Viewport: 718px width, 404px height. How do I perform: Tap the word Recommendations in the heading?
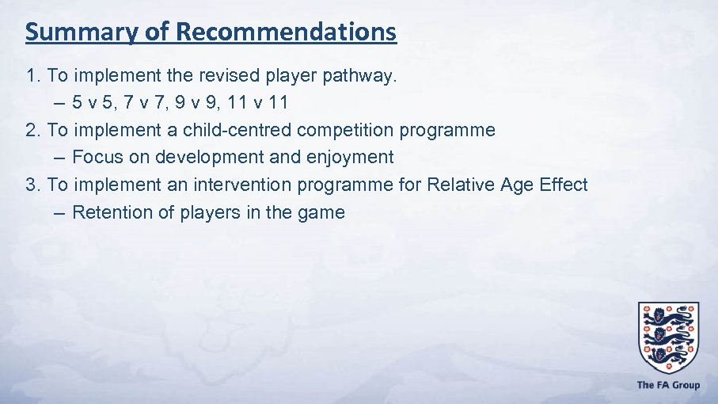[287, 32]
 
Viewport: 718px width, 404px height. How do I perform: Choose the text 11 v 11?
[259, 102]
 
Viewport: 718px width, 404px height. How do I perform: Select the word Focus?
[97, 157]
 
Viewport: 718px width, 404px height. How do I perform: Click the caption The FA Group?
[668, 385]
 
